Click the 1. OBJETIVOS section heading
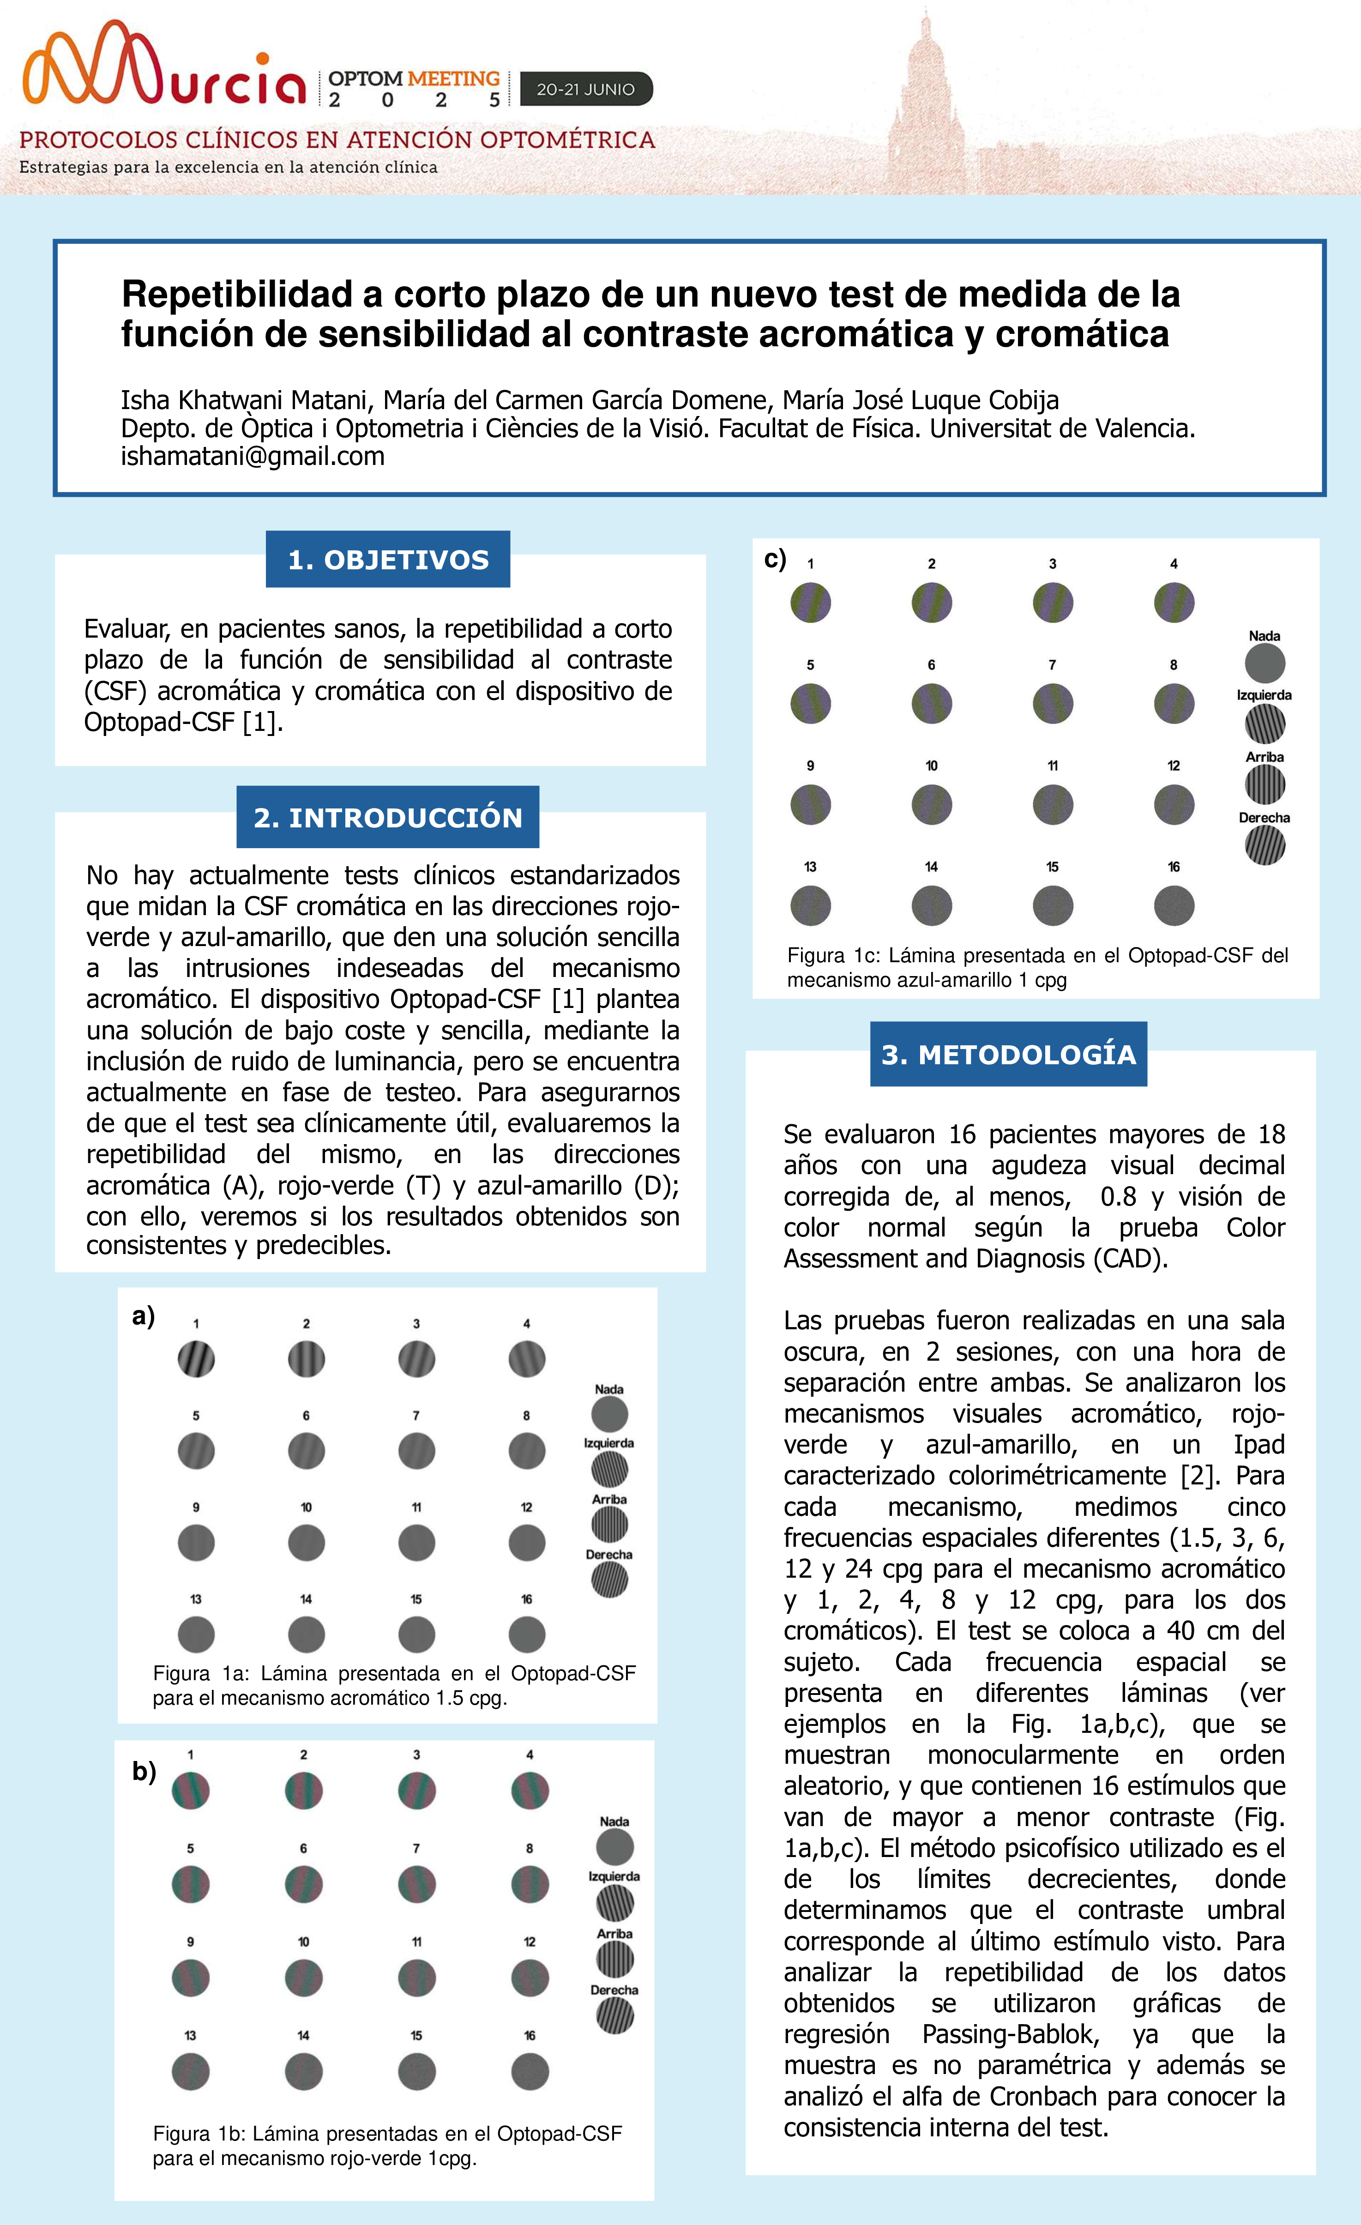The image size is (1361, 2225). (387, 560)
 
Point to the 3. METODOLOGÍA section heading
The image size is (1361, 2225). (1008, 1054)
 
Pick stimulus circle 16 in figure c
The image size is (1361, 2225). (1173, 906)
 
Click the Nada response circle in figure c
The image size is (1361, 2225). (1265, 663)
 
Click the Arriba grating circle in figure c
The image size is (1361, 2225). (1265, 785)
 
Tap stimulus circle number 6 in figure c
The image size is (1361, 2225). (931, 704)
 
